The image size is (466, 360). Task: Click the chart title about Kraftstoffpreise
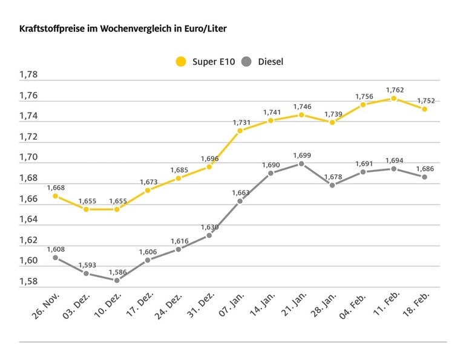(123, 28)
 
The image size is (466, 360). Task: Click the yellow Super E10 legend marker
(180, 61)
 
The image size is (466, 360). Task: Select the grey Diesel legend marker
(246, 61)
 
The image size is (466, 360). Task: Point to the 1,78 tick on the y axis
(28, 75)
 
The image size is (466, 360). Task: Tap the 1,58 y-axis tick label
(28, 281)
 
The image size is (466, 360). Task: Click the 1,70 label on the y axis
(28, 157)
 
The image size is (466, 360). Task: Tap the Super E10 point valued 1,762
(394, 98)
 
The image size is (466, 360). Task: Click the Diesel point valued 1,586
(117, 280)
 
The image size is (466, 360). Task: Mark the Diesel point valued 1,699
(301, 163)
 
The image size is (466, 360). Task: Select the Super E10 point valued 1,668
(55, 196)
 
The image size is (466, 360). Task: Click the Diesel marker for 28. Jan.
(332, 185)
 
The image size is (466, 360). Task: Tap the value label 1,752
(425, 100)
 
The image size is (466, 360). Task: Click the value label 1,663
(240, 193)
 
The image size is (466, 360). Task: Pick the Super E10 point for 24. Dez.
(179, 178)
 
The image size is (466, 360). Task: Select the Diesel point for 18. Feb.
(425, 177)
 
